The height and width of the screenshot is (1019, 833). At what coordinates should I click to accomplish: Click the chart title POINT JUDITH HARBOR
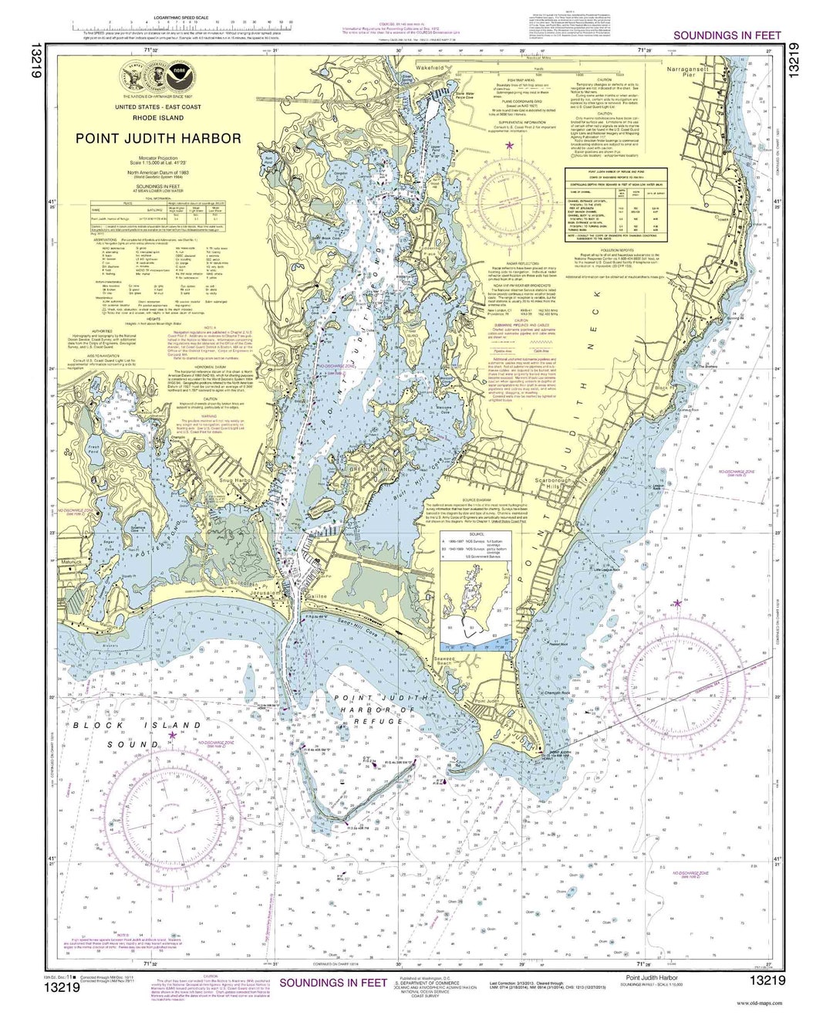click(x=158, y=139)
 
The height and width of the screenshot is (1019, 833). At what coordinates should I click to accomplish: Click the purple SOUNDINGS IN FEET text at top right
click(x=727, y=35)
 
